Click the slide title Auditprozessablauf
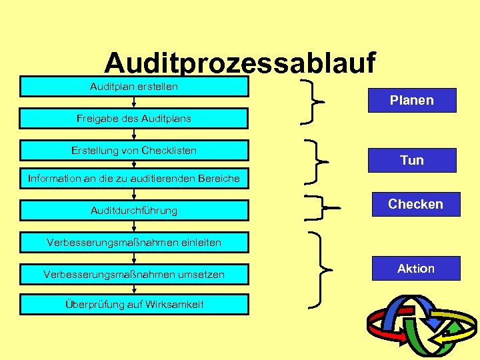pyautogui.click(x=240, y=63)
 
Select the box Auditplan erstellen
pyautogui.click(x=134, y=87)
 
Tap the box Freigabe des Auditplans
pyautogui.click(x=134, y=119)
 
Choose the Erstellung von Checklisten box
pyautogui.click(x=134, y=151)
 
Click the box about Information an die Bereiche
pyautogui.click(x=134, y=178)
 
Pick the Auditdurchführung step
pyautogui.click(x=134, y=210)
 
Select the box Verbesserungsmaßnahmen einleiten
pyautogui.click(x=134, y=242)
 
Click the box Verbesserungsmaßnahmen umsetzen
pyautogui.click(x=134, y=274)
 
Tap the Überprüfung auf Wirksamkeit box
pyautogui.click(x=134, y=305)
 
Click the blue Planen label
pyautogui.click(x=412, y=100)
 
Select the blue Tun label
pyautogui.click(x=412, y=160)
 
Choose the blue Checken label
pyautogui.click(x=415, y=204)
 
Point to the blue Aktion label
pyautogui.click(x=415, y=268)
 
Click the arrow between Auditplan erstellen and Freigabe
pyautogui.click(x=134, y=103)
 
